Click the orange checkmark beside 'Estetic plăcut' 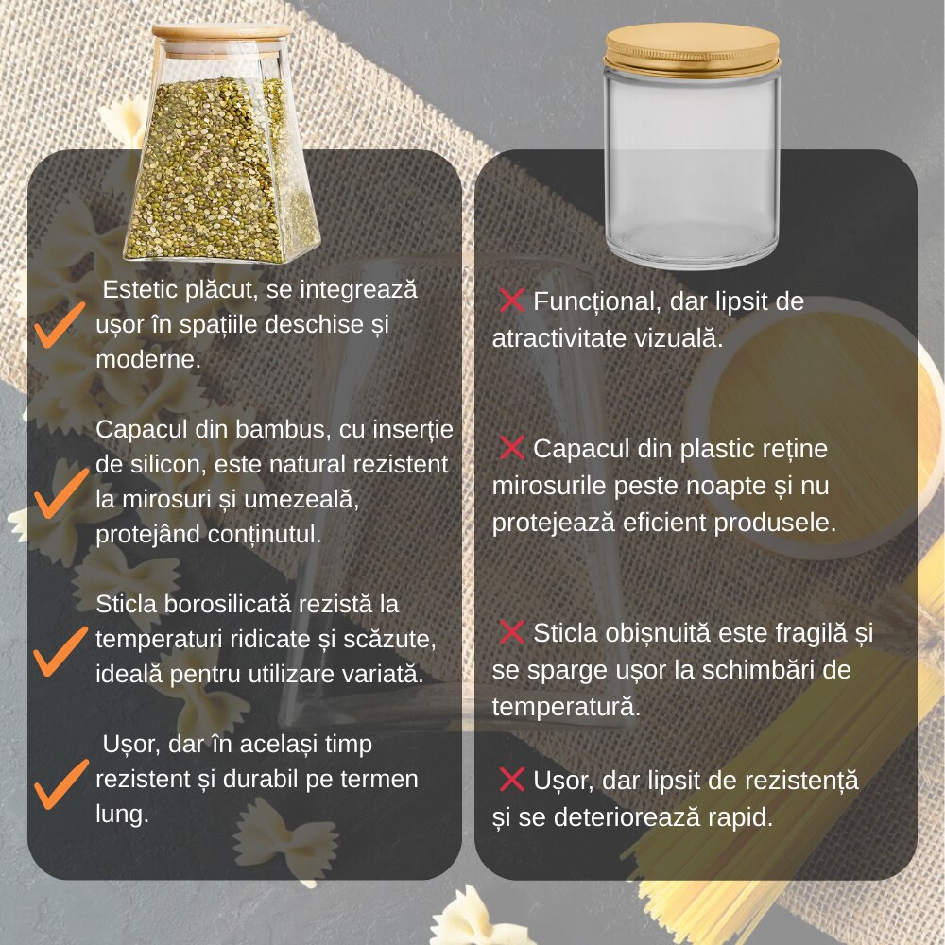tap(59, 325)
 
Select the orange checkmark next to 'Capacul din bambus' tap(60, 493)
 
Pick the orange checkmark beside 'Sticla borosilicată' tap(60, 651)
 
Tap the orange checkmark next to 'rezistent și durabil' tap(60, 784)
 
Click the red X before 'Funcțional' tap(511, 301)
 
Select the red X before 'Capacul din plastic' tap(511, 447)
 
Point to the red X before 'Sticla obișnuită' tap(511, 631)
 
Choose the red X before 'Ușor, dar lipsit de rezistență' tap(511, 780)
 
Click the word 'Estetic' tap(140, 289)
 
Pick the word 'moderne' tap(148, 360)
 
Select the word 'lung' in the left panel tap(122, 816)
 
